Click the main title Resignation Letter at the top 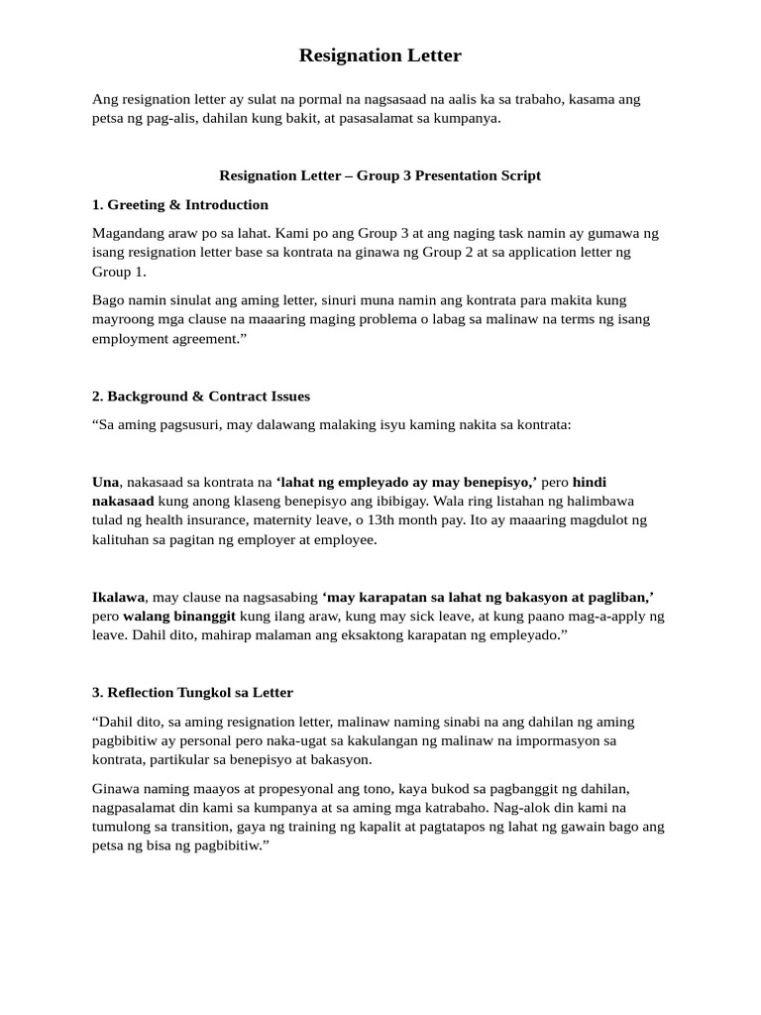(380, 56)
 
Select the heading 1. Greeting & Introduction (179, 204)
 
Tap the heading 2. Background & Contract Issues (200, 395)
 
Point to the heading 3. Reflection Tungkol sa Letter (192, 692)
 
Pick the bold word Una (106, 482)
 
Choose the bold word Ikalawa (118, 597)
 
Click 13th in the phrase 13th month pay (470, 519)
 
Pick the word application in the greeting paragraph (552, 253)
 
